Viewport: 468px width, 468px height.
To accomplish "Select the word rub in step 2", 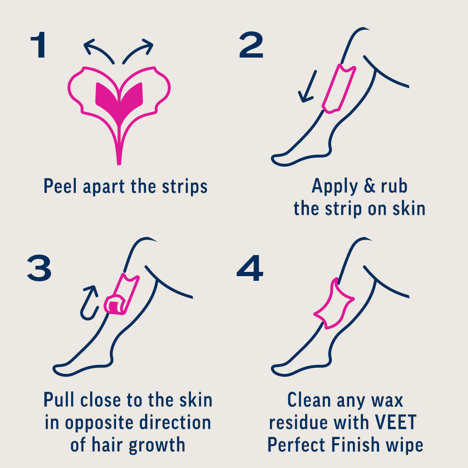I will (x=394, y=186).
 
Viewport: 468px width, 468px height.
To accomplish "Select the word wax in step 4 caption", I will (x=386, y=401).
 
